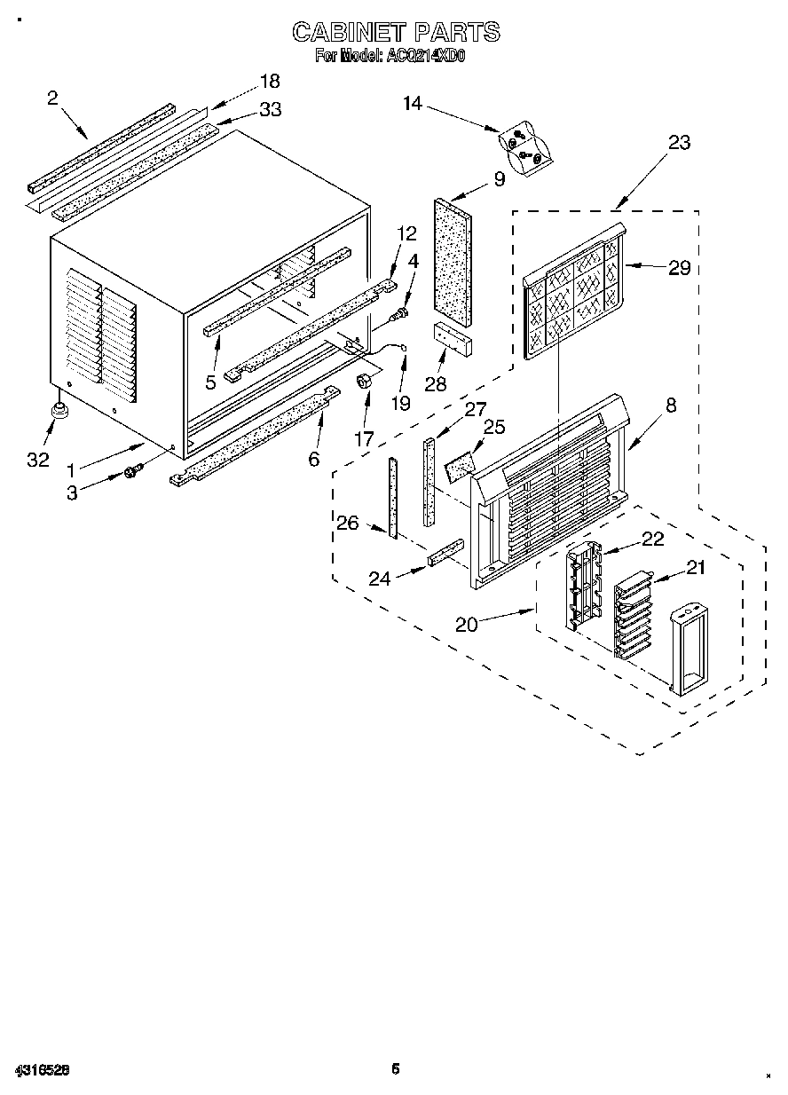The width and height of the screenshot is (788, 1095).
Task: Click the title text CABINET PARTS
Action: [396, 33]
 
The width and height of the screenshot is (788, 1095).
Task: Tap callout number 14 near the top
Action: [413, 103]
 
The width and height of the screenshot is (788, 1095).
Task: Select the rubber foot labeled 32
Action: [61, 410]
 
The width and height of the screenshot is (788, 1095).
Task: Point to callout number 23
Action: [679, 142]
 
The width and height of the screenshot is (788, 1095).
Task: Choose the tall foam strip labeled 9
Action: [453, 256]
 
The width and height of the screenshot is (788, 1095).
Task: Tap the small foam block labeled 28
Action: [452, 338]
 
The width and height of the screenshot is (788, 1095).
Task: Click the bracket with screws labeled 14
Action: [524, 146]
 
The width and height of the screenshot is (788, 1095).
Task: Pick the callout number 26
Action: [347, 523]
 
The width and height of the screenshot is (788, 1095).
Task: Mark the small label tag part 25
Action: [459, 464]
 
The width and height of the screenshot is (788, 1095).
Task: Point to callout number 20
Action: [466, 624]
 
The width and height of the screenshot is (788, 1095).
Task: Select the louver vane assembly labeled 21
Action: [632, 614]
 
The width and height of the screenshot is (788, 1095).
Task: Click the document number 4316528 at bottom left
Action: [42, 1070]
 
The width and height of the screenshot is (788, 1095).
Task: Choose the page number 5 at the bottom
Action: [396, 1069]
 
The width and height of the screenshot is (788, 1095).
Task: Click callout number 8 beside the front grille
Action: [671, 406]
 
